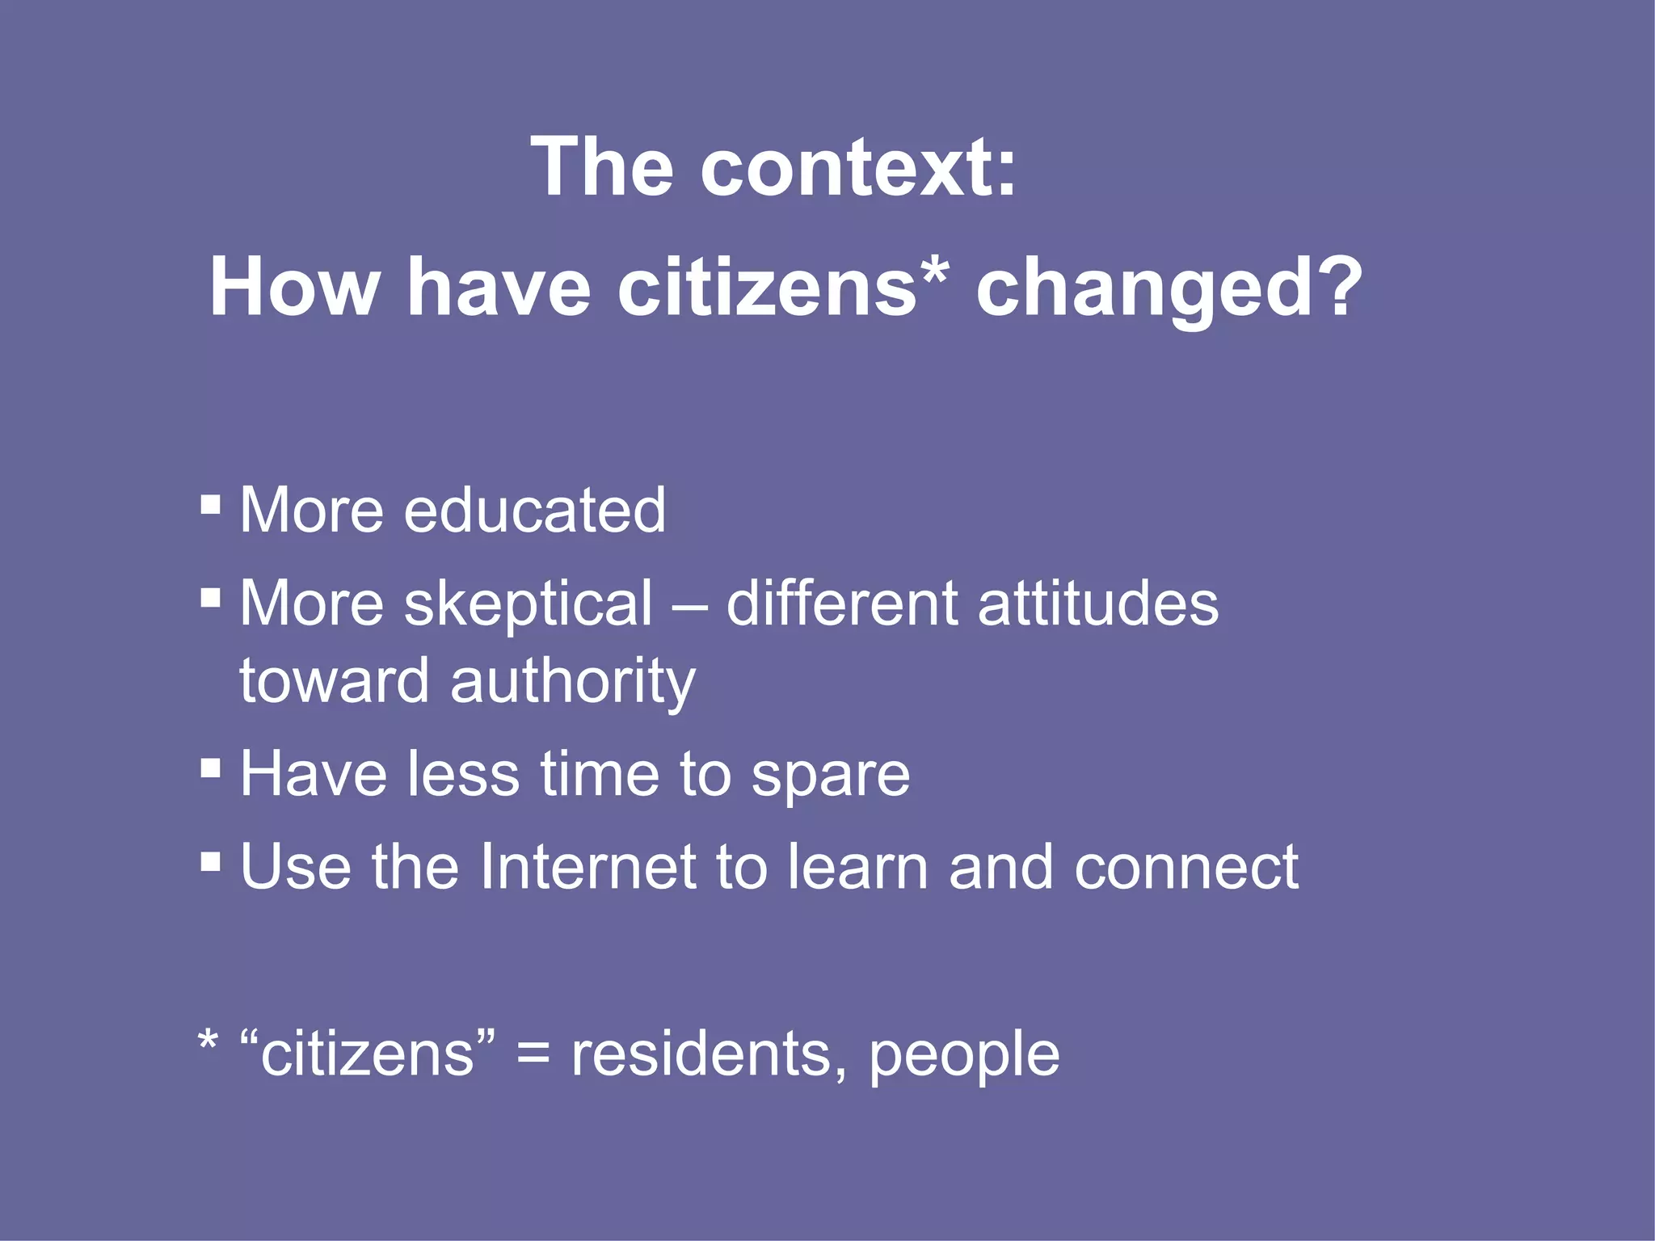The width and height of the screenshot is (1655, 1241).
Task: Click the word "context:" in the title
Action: click(858, 167)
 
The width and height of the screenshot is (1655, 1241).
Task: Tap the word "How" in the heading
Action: click(294, 288)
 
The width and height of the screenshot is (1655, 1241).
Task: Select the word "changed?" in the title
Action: click(1169, 289)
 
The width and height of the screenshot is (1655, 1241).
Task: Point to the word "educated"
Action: click(534, 511)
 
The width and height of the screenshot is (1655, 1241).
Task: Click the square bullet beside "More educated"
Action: click(211, 506)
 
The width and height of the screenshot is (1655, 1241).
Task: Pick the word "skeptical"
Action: click(528, 604)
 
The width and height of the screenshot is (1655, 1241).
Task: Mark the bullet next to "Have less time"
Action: click(211, 767)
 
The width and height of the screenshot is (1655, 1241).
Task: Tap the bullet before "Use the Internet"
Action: click(211, 860)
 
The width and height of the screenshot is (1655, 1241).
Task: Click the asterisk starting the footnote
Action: click(208, 1041)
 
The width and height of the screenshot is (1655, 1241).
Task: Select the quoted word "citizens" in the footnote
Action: click(368, 1054)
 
